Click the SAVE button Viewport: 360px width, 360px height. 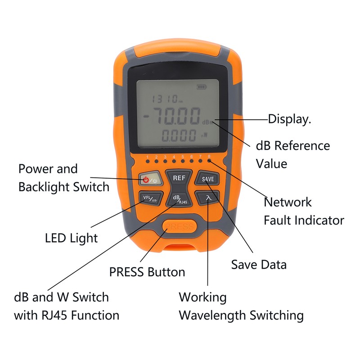207,178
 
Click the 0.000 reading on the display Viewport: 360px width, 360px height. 179,135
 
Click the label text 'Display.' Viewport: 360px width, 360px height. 290,119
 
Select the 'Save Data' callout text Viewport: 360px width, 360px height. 259,264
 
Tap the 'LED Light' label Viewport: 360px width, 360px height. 72,238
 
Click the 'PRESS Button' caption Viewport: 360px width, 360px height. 147,272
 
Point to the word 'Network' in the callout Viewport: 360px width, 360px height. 288,202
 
